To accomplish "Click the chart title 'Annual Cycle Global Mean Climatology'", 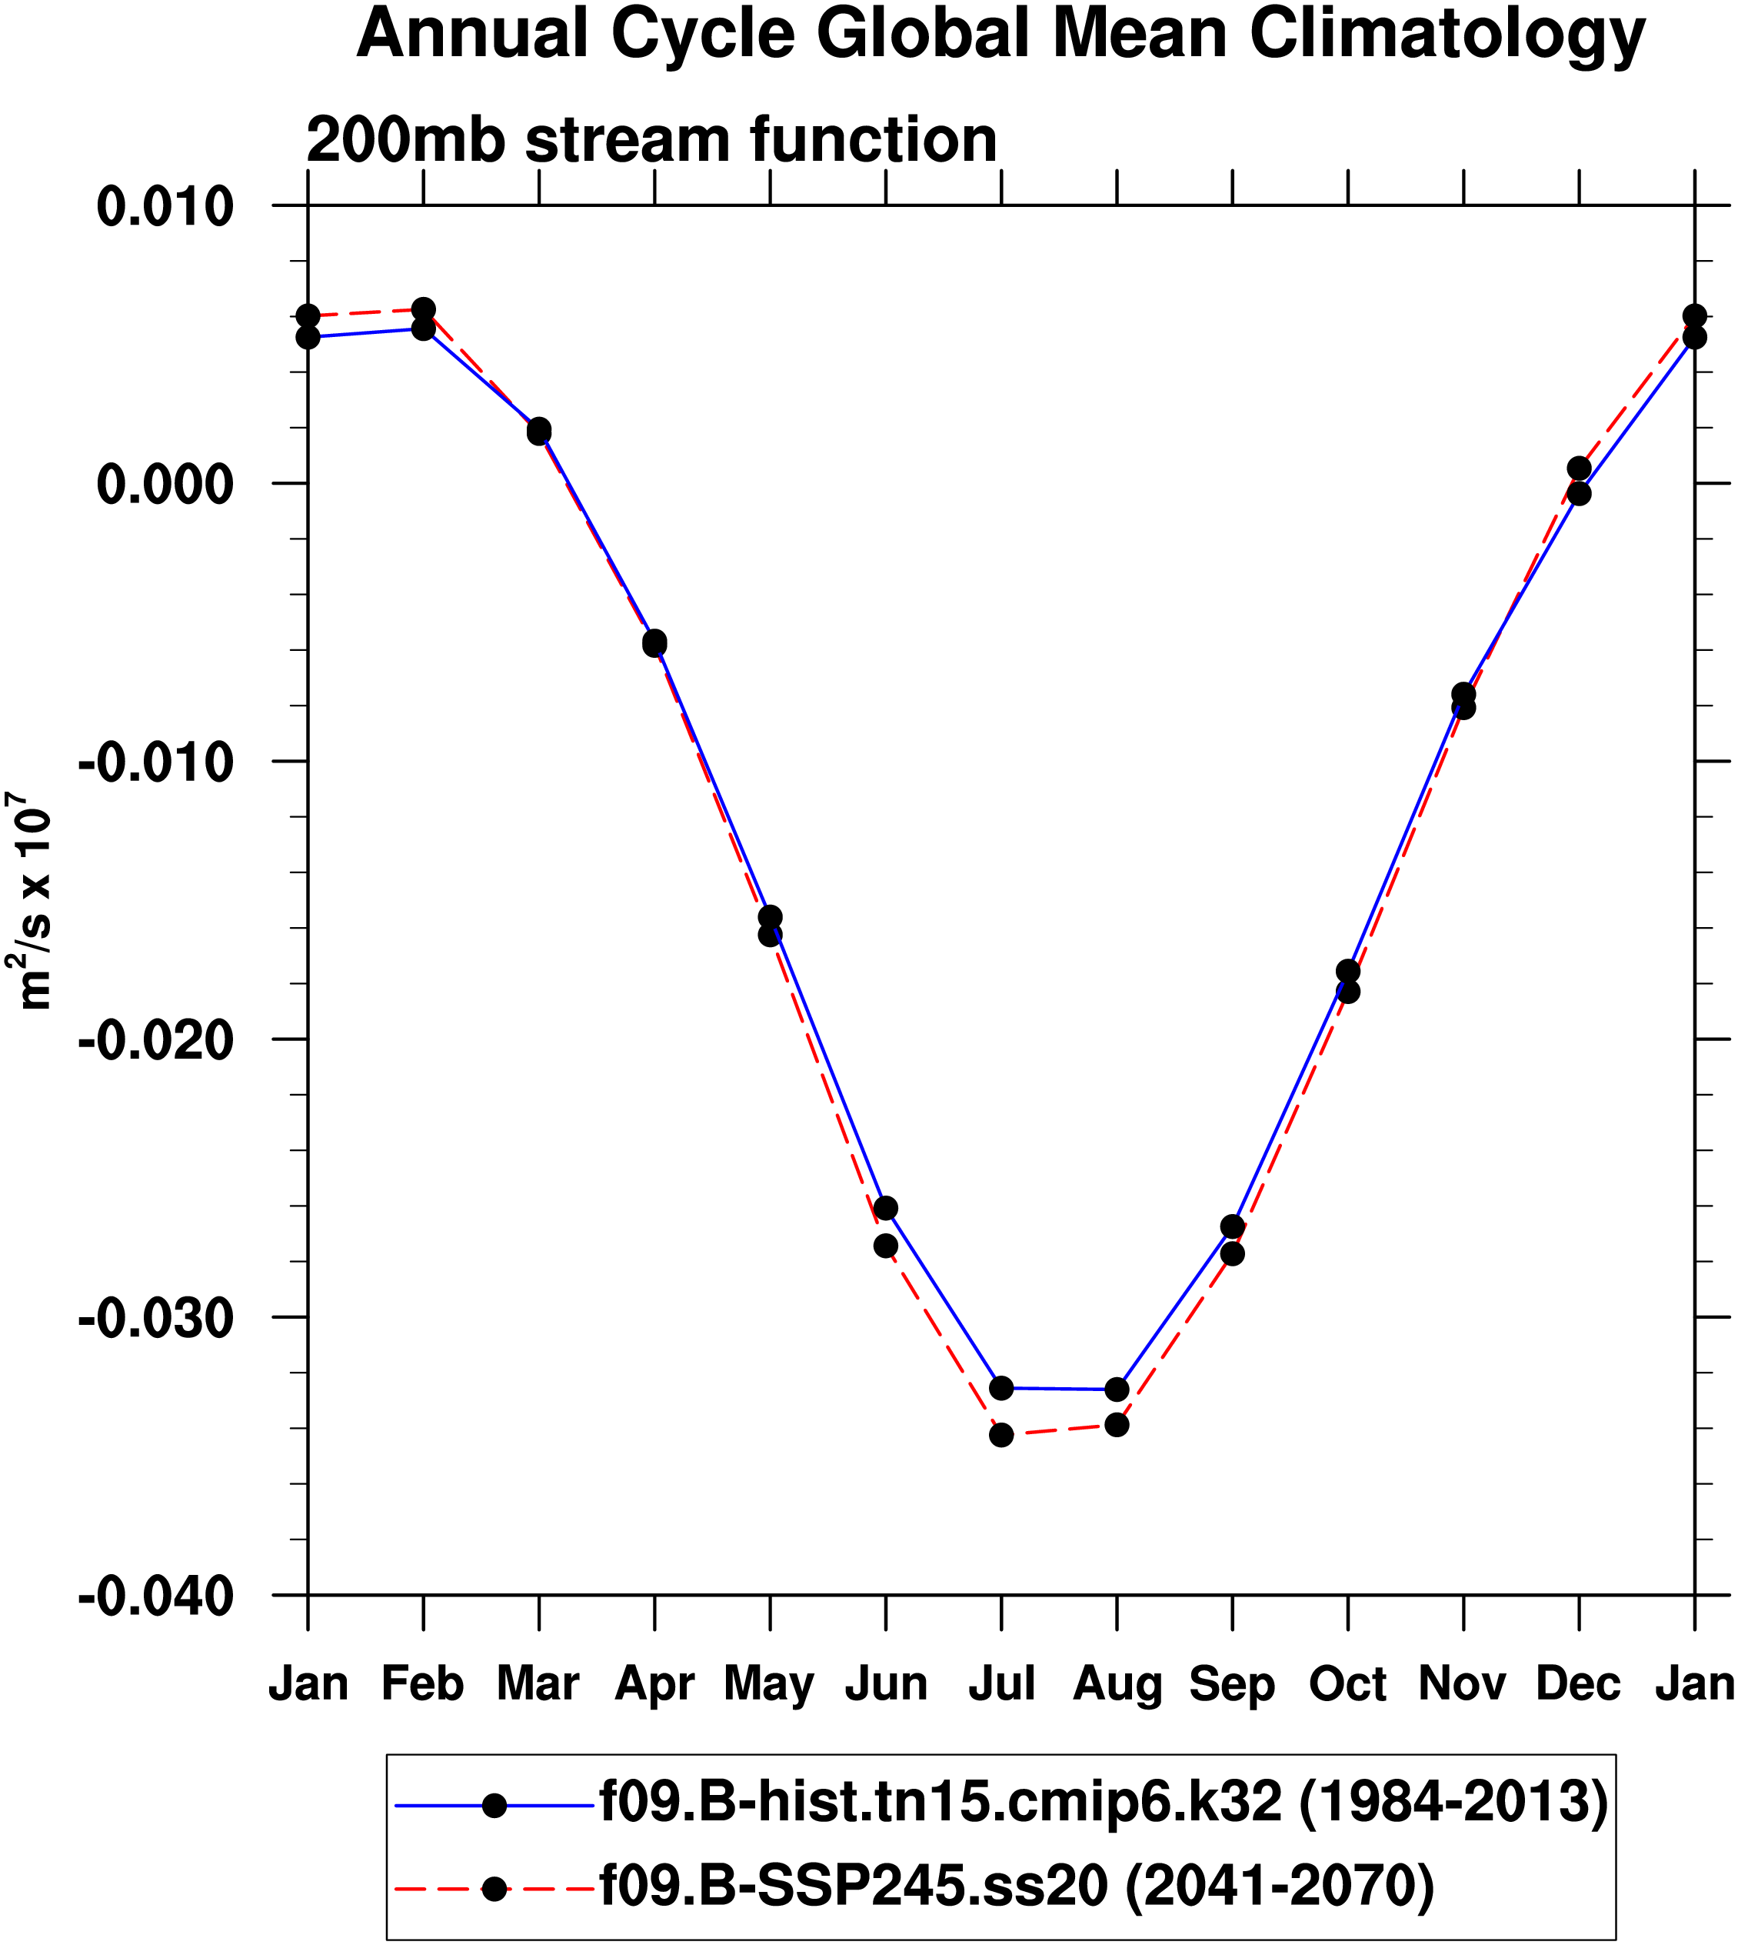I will point(1001,35).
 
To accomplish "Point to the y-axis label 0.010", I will point(165,207).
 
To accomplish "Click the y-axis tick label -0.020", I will point(155,1040).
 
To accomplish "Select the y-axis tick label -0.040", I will point(155,1596).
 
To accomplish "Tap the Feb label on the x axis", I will point(422,1683).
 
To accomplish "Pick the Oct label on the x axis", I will point(1347,1683).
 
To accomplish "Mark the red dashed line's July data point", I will point(1001,1435).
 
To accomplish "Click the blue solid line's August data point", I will point(1117,1389).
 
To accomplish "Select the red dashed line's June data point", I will point(885,1246).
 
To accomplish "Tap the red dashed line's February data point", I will point(423,309).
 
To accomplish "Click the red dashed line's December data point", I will point(1579,468).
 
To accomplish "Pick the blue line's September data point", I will point(1232,1226).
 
